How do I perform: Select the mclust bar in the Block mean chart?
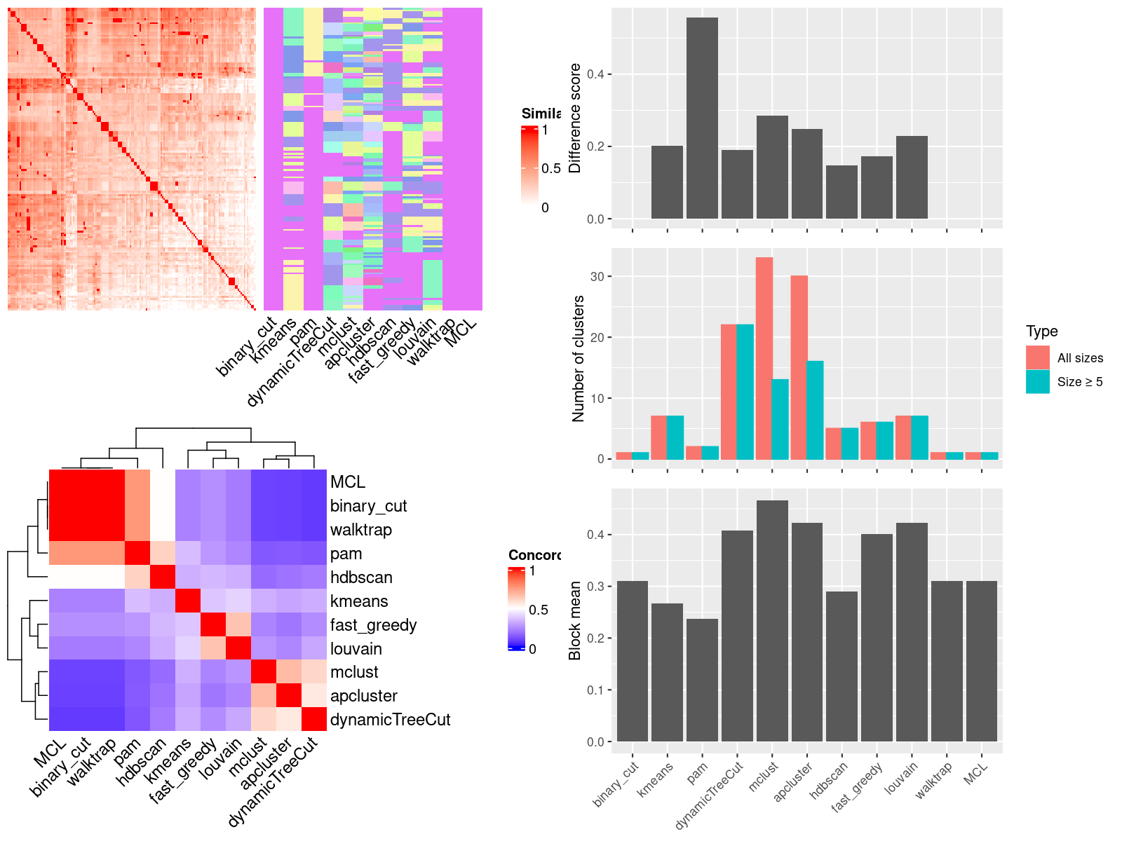772,620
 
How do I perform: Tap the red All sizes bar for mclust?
764,358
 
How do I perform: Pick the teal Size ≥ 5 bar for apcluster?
815,410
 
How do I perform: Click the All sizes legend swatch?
1038,357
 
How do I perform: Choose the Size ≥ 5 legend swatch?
1038,382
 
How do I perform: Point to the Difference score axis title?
575,118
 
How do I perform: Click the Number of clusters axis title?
578,358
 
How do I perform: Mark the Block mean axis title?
575,620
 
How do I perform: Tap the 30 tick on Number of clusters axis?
597,276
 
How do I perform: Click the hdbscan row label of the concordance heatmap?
361,577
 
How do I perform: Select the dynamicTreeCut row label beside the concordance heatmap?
390,720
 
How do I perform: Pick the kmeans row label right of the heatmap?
359,601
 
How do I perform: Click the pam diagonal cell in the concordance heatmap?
137,554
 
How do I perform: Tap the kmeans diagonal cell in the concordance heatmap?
188,601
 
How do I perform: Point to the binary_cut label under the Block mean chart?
616,784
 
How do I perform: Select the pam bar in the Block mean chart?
702,680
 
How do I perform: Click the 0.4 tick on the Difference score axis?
595,74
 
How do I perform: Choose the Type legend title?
1041,331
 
